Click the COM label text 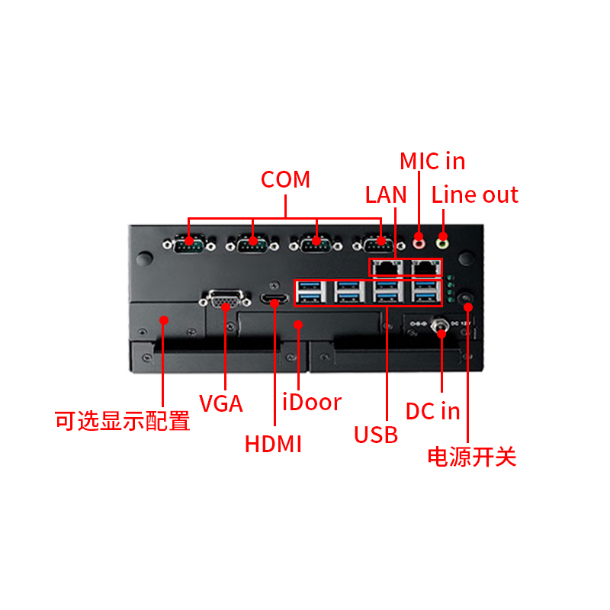pos(285,179)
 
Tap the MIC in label pos(432,161)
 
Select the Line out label pos(474,194)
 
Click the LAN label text pos(386,194)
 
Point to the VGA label pos(220,403)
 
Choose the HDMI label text pos(273,444)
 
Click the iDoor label pos(312,402)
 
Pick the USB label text pos(376,435)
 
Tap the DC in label pos(432,411)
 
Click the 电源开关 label pos(472,457)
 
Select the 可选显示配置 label pos(122,421)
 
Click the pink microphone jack pos(419,243)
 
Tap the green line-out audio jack pos(443,243)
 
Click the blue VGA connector pos(225,299)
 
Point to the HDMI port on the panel pos(274,299)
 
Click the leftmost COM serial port pos(189,244)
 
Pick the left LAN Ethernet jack pos(387,268)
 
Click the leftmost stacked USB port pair pos(310,292)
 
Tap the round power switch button pos(466,298)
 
